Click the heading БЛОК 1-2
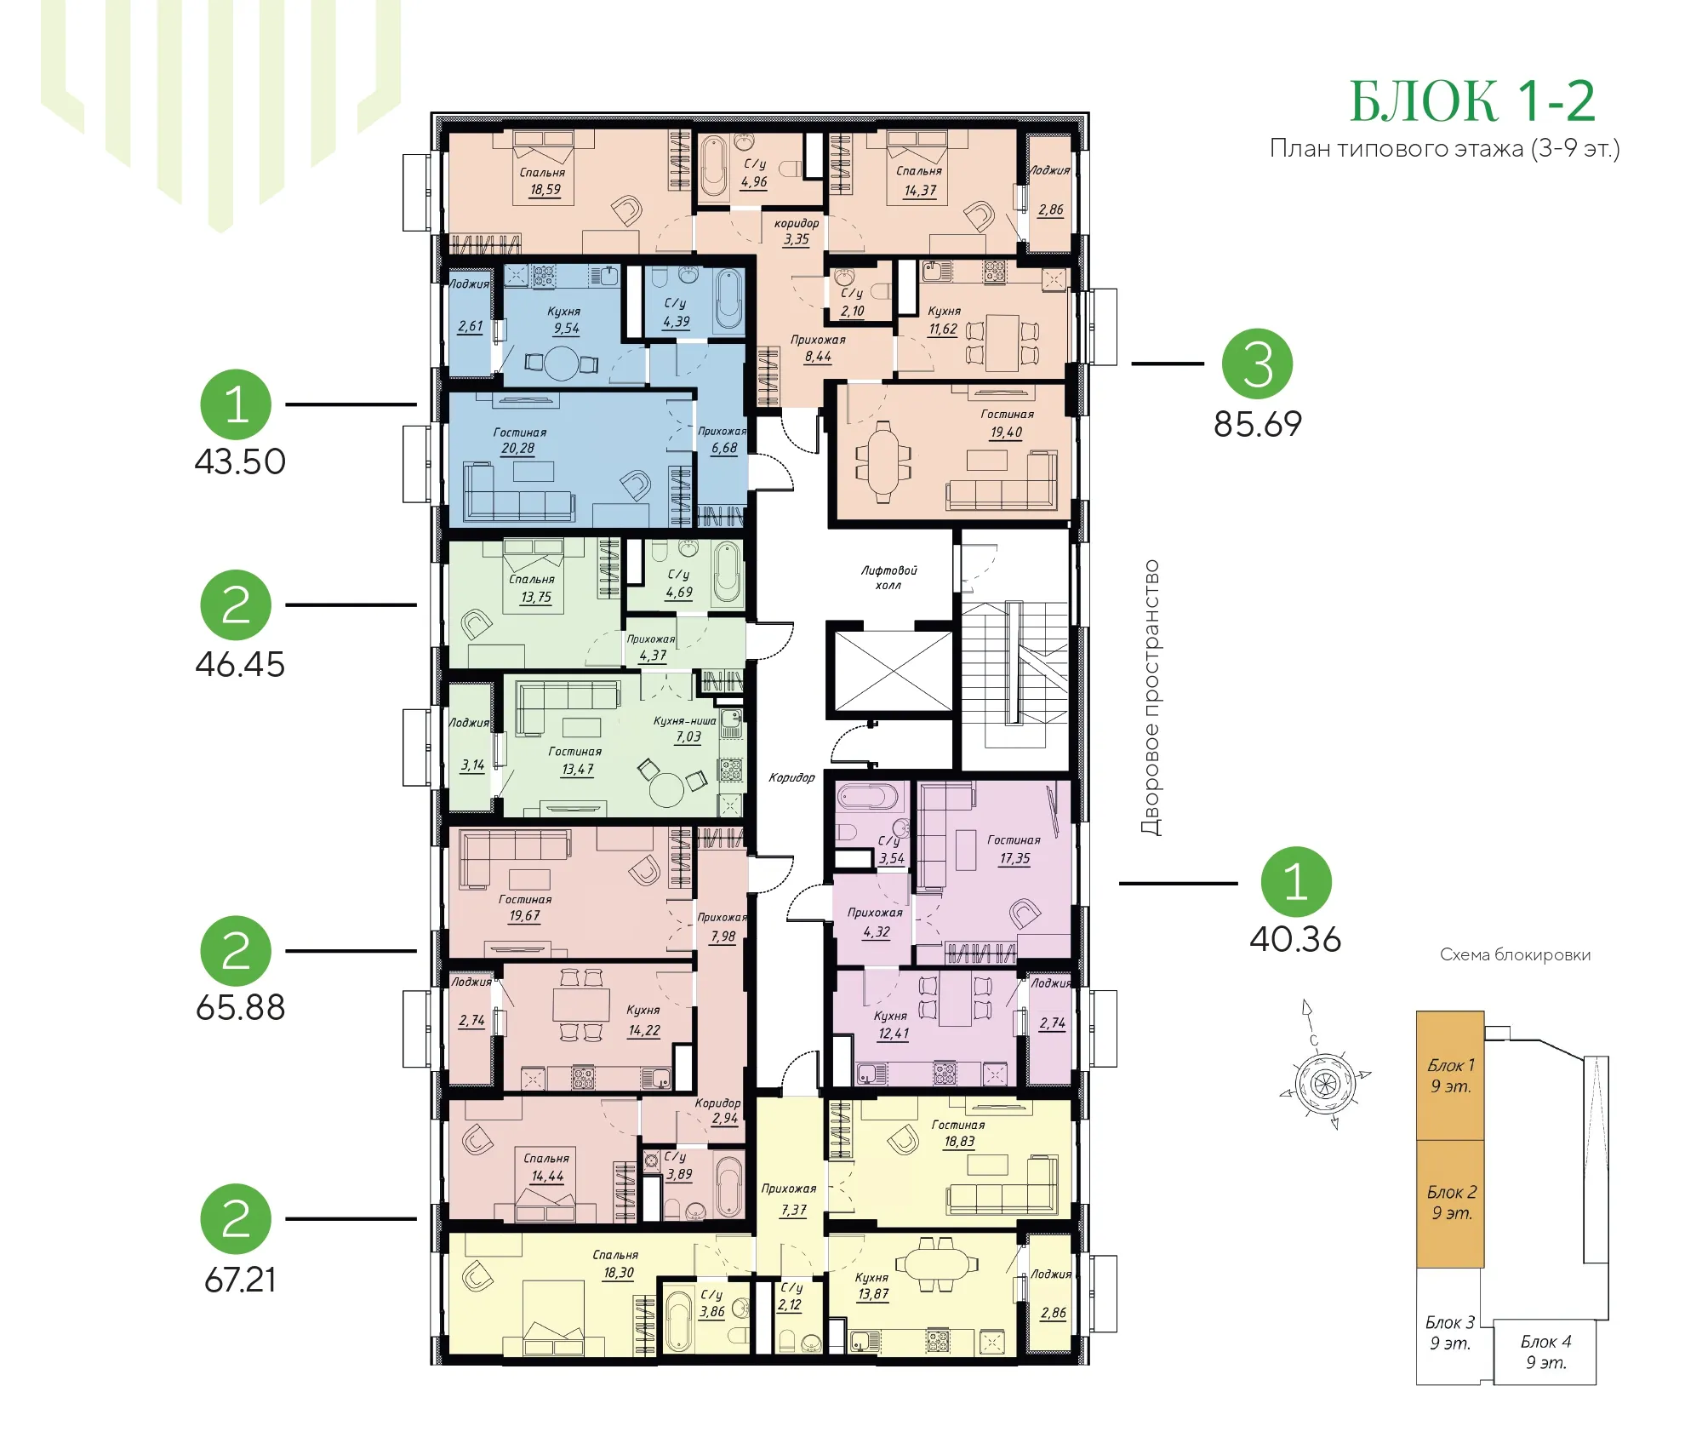pos(1472,102)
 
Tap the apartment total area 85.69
pos(1258,424)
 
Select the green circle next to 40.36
pos(1295,882)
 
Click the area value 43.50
pos(240,461)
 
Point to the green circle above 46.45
pos(236,605)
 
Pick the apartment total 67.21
pos(240,1280)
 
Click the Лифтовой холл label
pos(888,577)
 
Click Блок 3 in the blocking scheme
pos(1450,1332)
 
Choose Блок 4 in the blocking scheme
pos(1546,1352)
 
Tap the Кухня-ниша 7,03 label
pos(686,729)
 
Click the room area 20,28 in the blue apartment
pos(518,449)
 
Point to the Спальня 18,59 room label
pos(543,180)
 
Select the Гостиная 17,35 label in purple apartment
pos(1014,849)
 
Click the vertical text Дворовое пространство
pos(1151,698)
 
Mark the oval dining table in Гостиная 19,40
pos(883,461)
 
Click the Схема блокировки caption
pos(1515,955)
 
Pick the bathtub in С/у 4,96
pos(713,167)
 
